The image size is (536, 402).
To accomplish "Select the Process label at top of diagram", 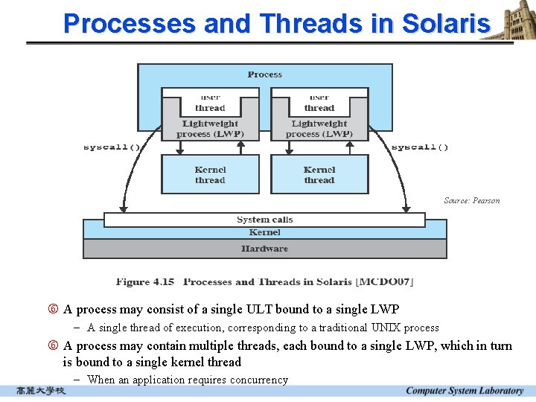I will [264, 74].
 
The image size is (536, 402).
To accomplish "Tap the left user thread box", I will [210, 103].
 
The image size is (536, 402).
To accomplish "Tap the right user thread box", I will [319, 103].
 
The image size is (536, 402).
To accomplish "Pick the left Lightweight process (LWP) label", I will [210, 129].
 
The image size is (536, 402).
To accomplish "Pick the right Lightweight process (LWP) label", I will [319, 129].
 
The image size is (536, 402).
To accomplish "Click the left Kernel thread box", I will [210, 175].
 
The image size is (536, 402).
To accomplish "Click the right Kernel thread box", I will [319, 175].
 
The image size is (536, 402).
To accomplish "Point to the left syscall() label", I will [112, 147].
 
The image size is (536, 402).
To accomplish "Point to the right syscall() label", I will [420, 147].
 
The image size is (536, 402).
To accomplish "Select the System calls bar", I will [264, 220].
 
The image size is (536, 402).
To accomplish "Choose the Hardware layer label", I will [264, 249].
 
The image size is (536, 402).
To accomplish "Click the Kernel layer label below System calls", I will [264, 233].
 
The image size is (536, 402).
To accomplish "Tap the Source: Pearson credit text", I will [471, 200].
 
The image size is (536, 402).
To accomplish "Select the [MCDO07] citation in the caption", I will [385, 282].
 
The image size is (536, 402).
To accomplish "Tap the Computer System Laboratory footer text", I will [465, 391].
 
